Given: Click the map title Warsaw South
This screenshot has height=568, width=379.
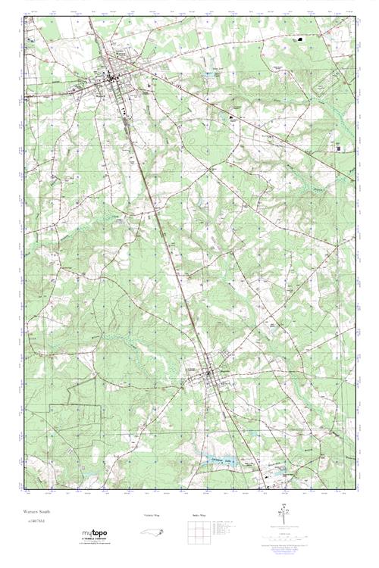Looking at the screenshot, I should (35, 513).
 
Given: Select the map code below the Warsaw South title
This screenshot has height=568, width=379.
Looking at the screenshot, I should (33, 523).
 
